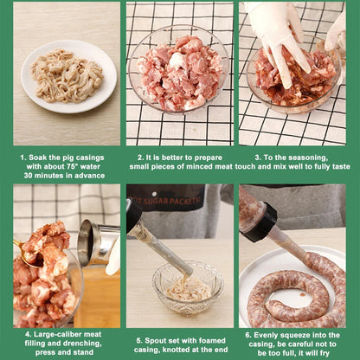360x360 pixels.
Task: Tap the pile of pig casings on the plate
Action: [x=67, y=76]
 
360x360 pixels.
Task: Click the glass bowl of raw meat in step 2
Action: [x=179, y=70]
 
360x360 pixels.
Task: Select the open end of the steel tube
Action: [x=86, y=242]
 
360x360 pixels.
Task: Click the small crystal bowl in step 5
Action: [x=188, y=287]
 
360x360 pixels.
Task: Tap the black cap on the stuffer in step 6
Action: [x=261, y=222]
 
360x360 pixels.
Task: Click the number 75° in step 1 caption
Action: [x=73, y=167]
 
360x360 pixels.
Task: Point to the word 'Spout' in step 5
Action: [x=153, y=341]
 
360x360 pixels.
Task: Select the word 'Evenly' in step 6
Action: [x=264, y=335]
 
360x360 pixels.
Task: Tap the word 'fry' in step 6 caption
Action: [x=325, y=353]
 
